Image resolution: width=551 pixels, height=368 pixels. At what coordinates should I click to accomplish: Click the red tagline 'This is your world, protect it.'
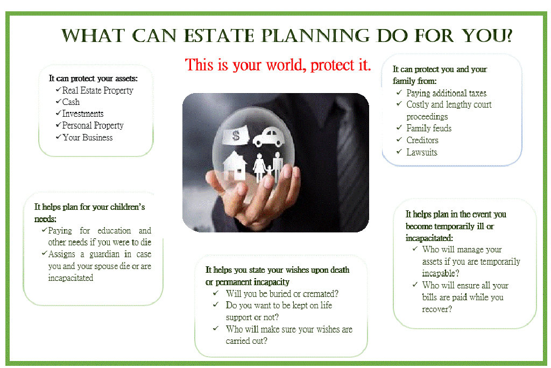[x=278, y=65]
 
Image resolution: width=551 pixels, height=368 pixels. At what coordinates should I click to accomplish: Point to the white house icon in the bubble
[x=235, y=166]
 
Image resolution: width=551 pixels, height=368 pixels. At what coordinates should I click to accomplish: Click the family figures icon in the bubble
[x=269, y=167]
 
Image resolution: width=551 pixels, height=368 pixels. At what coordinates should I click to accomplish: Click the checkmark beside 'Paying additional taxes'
[x=399, y=93]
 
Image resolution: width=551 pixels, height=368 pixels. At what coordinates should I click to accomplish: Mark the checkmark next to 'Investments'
[x=58, y=113]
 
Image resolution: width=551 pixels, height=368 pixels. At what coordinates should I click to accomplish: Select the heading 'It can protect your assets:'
[x=93, y=79]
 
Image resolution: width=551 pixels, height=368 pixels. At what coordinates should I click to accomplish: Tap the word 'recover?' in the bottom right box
[x=437, y=309]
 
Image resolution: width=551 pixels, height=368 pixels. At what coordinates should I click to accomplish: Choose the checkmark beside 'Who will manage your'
[x=415, y=249]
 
